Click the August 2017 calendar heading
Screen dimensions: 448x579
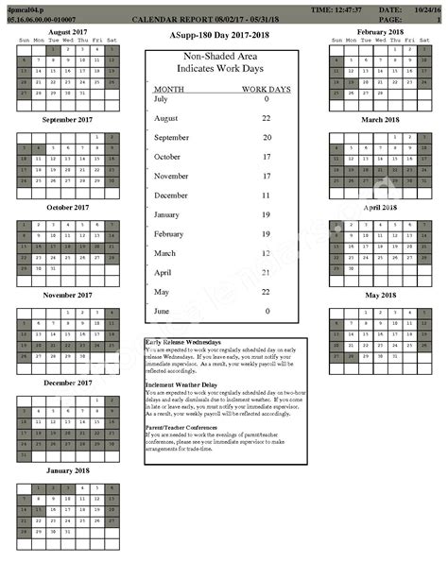tap(66, 31)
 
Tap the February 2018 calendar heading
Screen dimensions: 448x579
tap(380, 31)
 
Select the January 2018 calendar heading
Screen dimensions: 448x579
tap(66, 469)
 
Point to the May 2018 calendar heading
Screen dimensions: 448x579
tap(380, 295)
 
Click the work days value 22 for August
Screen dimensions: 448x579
tap(266, 117)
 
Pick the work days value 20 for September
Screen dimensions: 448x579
tap(266, 137)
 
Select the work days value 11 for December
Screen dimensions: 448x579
tap(266, 195)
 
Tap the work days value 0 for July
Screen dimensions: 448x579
tap(267, 98)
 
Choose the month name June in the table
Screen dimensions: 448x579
tap(163, 311)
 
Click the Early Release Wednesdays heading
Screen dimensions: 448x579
tap(183, 342)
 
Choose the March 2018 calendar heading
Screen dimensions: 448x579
tap(380, 119)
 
